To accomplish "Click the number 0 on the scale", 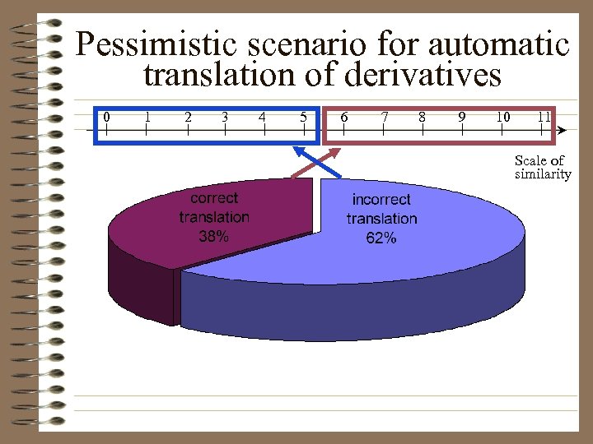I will click(x=106, y=117).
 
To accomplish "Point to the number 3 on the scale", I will click(x=225, y=117).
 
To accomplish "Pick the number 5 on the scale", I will click(x=304, y=117).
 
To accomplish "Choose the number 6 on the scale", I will click(x=343, y=117).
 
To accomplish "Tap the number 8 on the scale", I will click(x=423, y=117).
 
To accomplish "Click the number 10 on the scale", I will click(x=502, y=117).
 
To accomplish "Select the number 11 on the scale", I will click(x=543, y=117).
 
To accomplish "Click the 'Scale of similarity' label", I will click(x=542, y=167).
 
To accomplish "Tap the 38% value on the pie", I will click(x=214, y=237).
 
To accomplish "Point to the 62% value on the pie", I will click(x=381, y=238).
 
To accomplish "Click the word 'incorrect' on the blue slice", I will click(x=381, y=200).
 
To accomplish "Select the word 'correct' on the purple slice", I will click(x=214, y=198).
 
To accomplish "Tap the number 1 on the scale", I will click(x=147, y=117).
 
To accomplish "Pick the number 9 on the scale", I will click(x=462, y=117).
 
